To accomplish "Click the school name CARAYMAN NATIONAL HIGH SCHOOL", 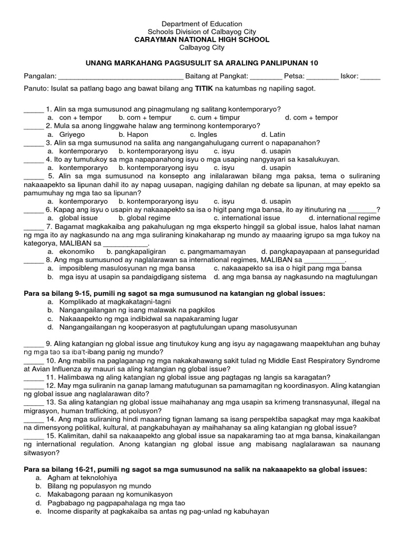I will coord(202,39).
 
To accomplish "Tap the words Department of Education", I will coord(202,24).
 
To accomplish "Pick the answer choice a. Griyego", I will coord(68,134).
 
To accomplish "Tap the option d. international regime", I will coord(344,217).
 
